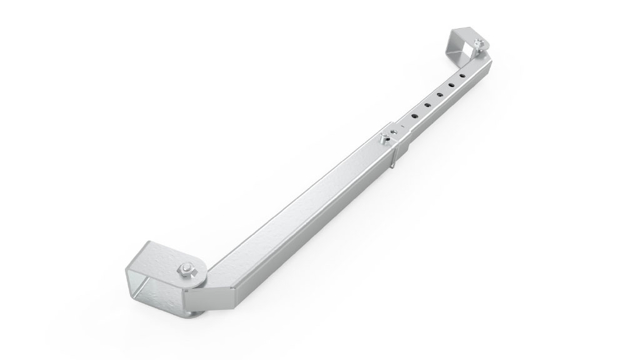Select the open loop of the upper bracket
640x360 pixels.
tap(463, 42)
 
